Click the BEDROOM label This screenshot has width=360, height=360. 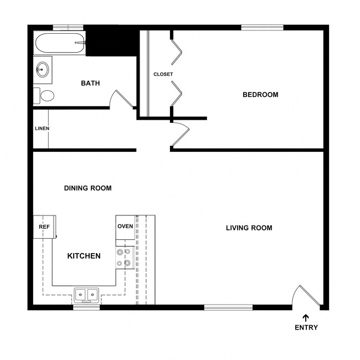tap(260, 95)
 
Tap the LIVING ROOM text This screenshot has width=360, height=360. tap(249, 228)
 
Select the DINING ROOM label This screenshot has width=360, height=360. tap(88, 188)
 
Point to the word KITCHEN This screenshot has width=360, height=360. tap(84, 256)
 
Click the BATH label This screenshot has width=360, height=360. tap(90, 84)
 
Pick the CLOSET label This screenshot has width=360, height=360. tap(163, 74)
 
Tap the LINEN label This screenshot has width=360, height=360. tap(42, 128)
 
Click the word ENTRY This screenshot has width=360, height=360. tap(306, 327)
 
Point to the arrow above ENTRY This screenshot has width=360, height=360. tap(306, 317)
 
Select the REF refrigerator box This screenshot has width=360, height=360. tap(44, 227)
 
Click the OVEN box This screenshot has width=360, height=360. tap(125, 227)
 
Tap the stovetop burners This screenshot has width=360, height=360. tap(125, 258)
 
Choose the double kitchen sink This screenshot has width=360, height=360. tap(86, 295)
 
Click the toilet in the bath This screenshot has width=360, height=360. tap(44, 96)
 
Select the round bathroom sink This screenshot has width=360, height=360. tap(42, 69)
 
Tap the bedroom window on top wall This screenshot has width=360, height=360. tap(262, 27)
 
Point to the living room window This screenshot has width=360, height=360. tap(228, 307)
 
